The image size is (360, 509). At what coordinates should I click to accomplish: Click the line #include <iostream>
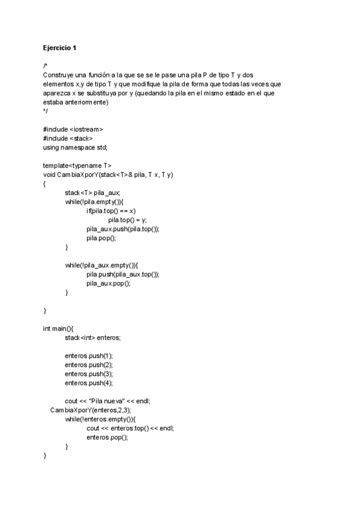click(73, 129)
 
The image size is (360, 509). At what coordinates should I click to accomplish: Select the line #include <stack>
click(68, 138)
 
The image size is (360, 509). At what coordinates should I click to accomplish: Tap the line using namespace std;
click(75, 147)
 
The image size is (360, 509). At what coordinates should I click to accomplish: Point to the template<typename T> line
click(77, 165)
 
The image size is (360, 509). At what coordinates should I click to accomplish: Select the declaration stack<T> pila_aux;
click(92, 192)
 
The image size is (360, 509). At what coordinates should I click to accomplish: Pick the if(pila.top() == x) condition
click(111, 211)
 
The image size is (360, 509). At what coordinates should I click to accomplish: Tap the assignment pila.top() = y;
click(127, 220)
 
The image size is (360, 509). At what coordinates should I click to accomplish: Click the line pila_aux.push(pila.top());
click(123, 229)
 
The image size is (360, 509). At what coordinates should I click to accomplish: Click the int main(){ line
click(58, 328)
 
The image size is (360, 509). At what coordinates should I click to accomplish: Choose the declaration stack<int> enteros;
click(92, 337)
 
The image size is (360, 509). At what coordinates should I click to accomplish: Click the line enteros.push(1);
click(89, 355)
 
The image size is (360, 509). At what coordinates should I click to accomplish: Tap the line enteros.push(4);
click(89, 382)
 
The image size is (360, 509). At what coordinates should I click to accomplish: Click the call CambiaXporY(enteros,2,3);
click(91, 410)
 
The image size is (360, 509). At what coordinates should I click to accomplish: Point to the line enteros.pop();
click(107, 437)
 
